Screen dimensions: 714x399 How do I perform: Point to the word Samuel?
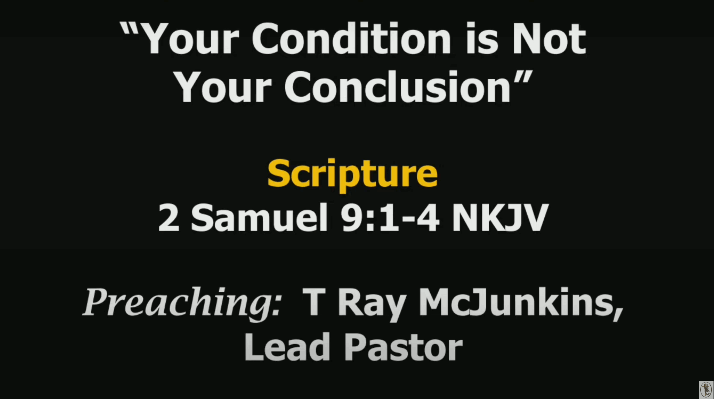260,217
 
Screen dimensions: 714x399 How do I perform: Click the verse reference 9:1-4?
391,217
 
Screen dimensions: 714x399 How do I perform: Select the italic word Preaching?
182,303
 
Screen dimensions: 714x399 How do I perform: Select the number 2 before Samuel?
168,217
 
